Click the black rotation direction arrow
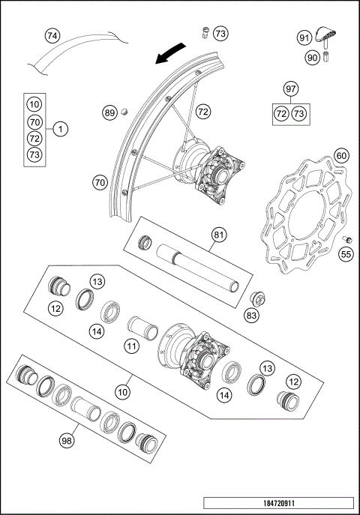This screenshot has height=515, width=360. (168, 53)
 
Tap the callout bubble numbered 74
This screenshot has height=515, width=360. (52, 35)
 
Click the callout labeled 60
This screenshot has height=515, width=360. (341, 155)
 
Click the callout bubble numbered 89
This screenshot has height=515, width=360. (110, 113)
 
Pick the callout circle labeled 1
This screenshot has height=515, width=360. (61, 128)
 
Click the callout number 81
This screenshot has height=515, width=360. (218, 235)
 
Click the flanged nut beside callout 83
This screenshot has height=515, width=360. (256, 299)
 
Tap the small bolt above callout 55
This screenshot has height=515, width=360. (348, 239)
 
